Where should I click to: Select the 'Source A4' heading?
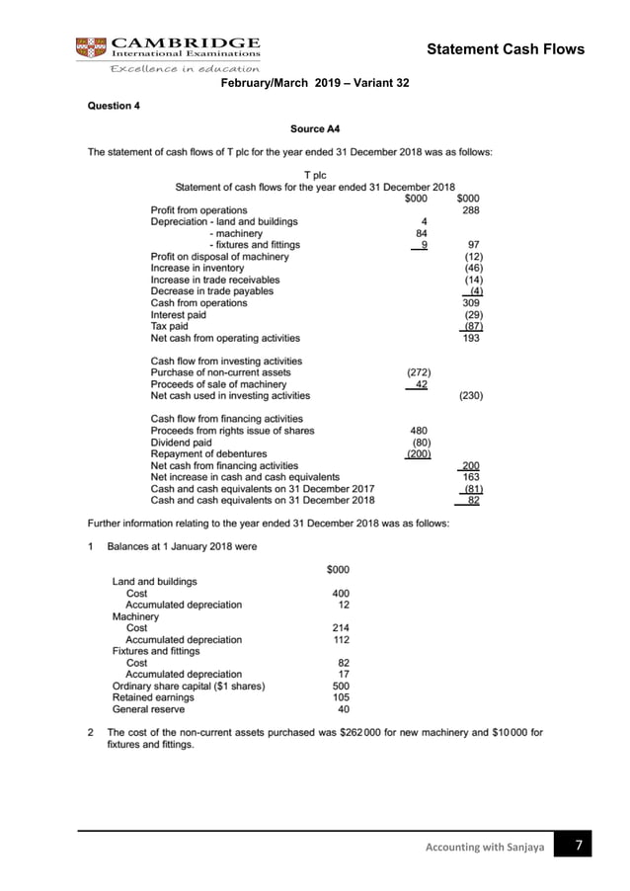(315, 128)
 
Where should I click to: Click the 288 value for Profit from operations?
(470, 210)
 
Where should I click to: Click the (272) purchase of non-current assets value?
(417, 372)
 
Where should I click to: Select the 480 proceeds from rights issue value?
(418, 430)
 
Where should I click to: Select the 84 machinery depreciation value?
(418, 233)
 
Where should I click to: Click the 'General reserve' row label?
(148, 708)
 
